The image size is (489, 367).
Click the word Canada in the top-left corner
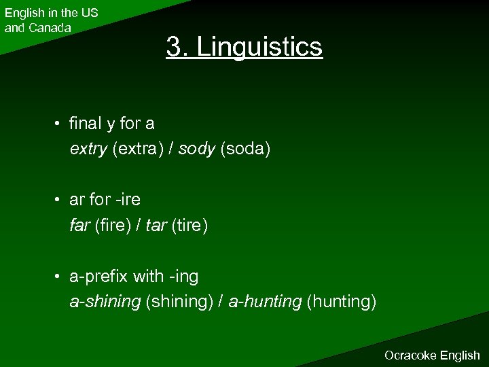(x=48, y=28)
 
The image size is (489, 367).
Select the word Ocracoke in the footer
(x=411, y=355)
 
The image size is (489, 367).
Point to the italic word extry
(x=88, y=149)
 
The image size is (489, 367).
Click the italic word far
(x=79, y=225)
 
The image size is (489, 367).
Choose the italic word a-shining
(x=105, y=302)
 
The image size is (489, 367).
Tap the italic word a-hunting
(x=266, y=302)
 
